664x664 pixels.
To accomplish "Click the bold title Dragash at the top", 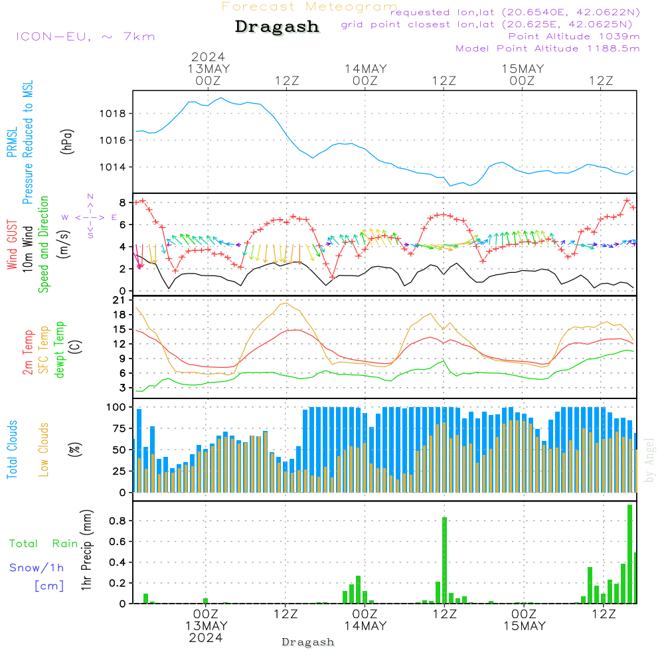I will tap(277, 27).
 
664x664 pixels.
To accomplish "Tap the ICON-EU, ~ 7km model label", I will tap(85, 37).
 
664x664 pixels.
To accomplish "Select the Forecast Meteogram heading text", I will tap(309, 7).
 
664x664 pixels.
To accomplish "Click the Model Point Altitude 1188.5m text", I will tap(548, 48).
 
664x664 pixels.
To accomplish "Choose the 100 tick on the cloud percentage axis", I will tap(117, 406).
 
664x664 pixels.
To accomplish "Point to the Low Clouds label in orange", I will tap(44, 449).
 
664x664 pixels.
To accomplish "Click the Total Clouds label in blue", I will tap(13, 449).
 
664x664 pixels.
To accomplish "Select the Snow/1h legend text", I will tap(37, 568).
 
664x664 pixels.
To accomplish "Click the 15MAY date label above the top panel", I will tap(523, 69).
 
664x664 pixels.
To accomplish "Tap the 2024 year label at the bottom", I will tap(206, 637).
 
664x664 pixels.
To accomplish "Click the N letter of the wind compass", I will tap(90, 197).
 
